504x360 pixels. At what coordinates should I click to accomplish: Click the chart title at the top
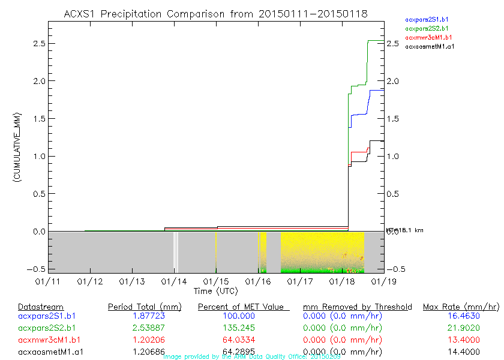[x=215, y=14]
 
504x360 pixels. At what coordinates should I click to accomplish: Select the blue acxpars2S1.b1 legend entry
[x=427, y=20]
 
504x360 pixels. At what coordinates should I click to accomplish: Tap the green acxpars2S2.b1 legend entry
[x=427, y=28]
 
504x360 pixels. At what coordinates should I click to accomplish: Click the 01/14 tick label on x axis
[x=174, y=281]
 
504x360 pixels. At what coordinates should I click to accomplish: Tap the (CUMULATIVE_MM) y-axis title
[x=18, y=147]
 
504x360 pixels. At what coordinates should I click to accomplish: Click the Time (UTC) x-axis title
[x=215, y=291]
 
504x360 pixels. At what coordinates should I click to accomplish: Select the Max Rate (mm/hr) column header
[x=461, y=307]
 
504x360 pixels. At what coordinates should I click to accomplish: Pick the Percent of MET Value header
[x=244, y=307]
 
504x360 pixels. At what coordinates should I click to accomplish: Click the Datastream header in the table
[x=41, y=307]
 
